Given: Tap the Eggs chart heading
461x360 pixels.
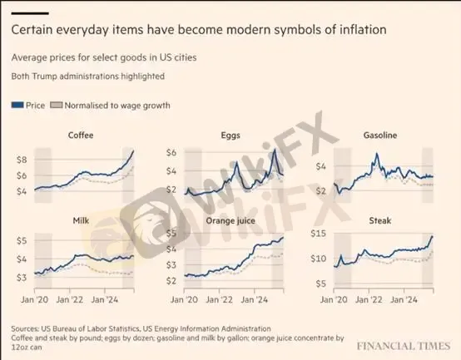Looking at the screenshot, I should [x=232, y=135].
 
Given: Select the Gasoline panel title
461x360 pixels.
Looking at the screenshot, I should [x=382, y=135].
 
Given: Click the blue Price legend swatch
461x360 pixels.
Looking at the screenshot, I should [x=17, y=106].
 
